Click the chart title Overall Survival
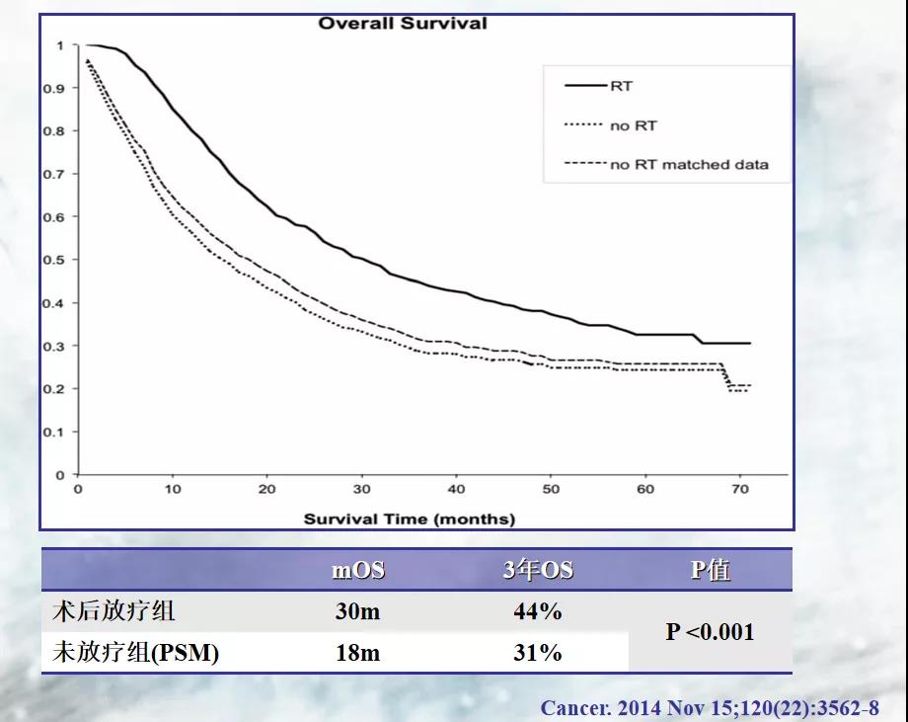[403, 23]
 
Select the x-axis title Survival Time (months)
[409, 519]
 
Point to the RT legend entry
[621, 86]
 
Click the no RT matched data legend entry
[688, 165]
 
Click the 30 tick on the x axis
[361, 490]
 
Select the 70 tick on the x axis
[740, 490]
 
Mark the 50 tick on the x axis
[551, 490]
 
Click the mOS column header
[358, 570]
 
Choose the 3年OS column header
[538, 570]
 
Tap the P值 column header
[711, 570]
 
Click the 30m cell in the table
[357, 611]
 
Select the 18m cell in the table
[357, 653]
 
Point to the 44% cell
[538, 611]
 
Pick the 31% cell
[538, 653]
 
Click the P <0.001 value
[711, 632]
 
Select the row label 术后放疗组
[113, 611]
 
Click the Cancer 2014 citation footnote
[709, 707]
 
